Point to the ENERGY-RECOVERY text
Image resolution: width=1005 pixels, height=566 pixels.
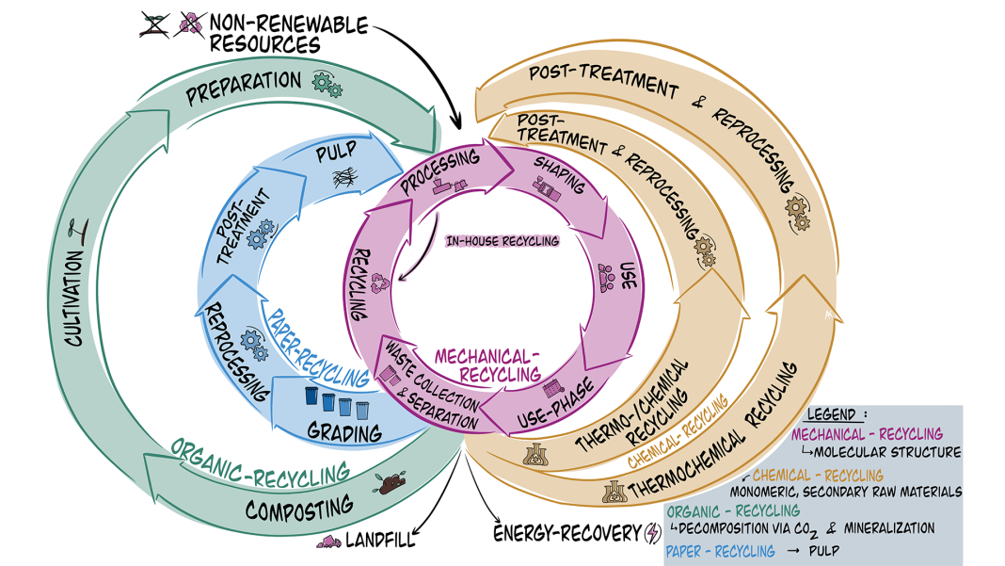pos(566,534)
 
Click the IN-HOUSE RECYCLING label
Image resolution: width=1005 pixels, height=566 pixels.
pos(502,241)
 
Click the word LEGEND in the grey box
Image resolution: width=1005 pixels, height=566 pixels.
pos(832,415)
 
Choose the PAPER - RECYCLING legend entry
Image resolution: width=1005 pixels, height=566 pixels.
pos(720,551)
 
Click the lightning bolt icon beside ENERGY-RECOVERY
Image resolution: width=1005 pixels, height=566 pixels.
pos(651,534)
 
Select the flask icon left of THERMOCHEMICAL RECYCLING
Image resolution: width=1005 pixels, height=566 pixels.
pos(614,490)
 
